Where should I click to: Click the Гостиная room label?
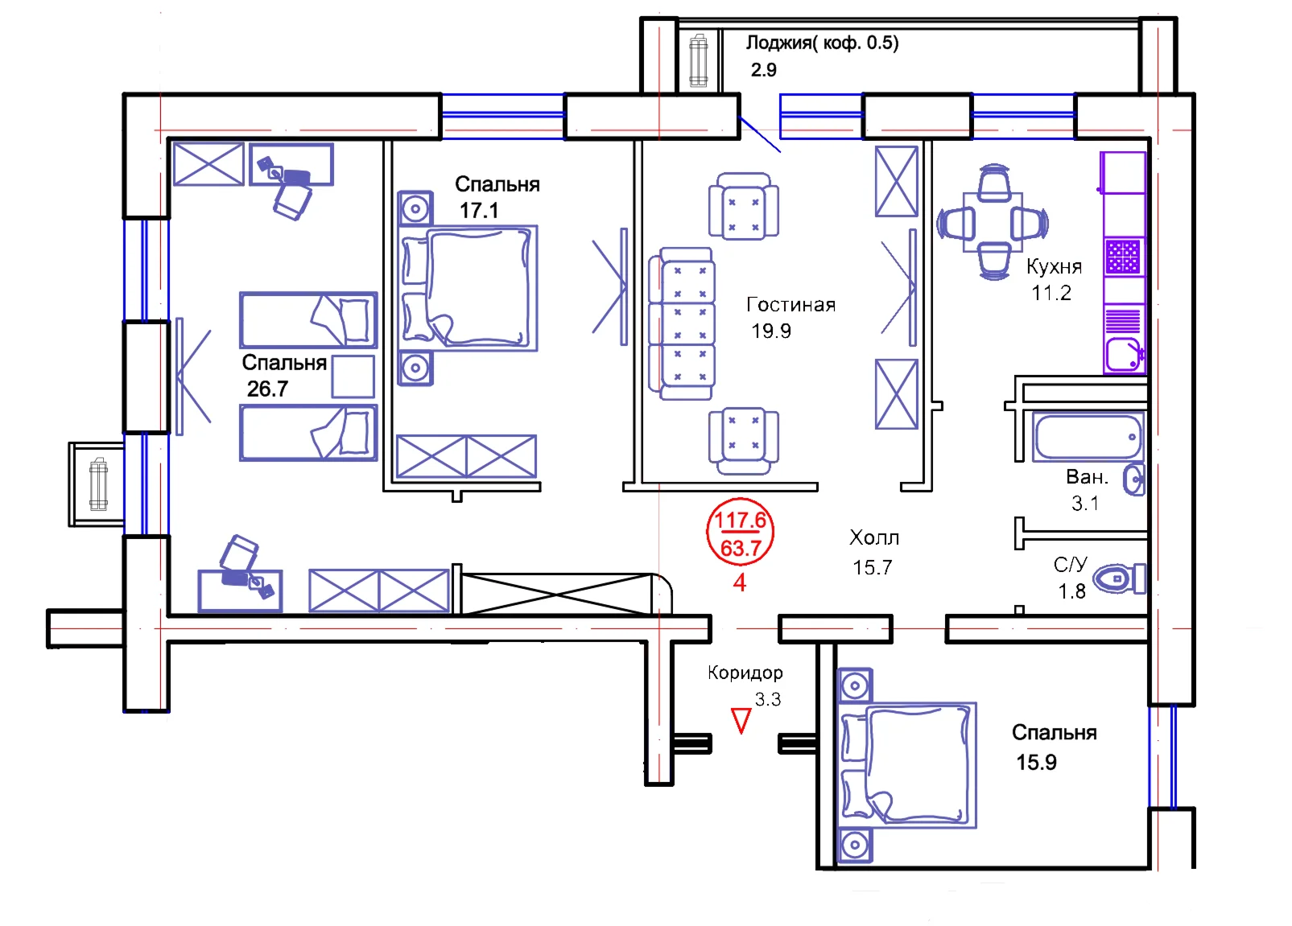click(x=790, y=305)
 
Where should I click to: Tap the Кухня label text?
click(x=1053, y=266)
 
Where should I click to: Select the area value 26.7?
click(x=267, y=389)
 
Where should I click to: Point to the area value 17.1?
click(x=479, y=211)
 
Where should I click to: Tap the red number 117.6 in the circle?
click(x=740, y=521)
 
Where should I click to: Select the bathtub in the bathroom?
click(x=1088, y=437)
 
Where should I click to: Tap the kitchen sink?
click(x=1123, y=355)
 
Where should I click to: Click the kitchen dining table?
click(x=993, y=222)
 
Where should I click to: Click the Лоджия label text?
click(x=821, y=43)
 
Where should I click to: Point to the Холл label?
click(x=874, y=537)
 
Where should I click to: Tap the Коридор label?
click(x=745, y=673)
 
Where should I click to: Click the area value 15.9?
click(x=1036, y=763)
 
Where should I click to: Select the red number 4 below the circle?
click(x=740, y=582)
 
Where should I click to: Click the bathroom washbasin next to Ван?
click(x=1133, y=480)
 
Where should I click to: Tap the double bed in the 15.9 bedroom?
click(x=908, y=764)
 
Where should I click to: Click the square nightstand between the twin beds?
click(x=353, y=377)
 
